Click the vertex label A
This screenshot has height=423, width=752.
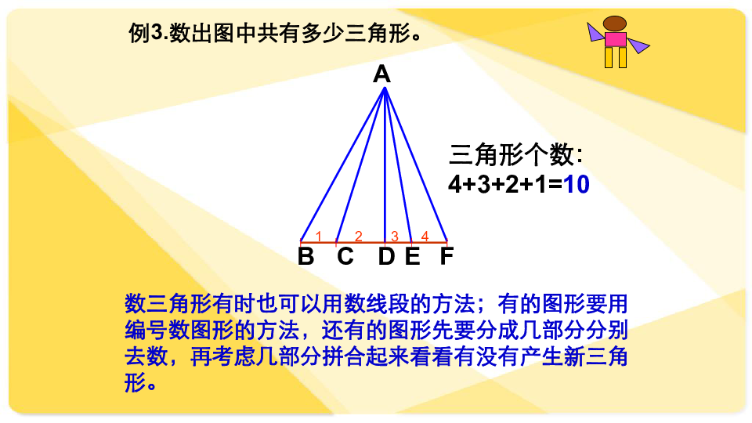click(381, 74)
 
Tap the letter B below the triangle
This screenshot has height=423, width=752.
click(306, 256)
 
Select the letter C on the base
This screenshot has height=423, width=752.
click(345, 256)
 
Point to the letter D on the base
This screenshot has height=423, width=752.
click(386, 256)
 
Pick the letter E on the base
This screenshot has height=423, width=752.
click(413, 256)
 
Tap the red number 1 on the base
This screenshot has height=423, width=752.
click(319, 236)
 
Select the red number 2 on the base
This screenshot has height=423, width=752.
click(358, 236)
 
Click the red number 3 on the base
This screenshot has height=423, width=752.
click(394, 236)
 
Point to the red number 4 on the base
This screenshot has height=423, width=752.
click(425, 236)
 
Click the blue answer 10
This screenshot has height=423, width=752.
click(577, 185)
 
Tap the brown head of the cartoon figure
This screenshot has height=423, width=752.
click(615, 23)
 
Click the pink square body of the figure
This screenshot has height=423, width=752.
click(616, 39)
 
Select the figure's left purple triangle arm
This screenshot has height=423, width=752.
click(595, 32)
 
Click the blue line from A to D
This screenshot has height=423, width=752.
click(385, 164)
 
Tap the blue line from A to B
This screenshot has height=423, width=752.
click(342, 164)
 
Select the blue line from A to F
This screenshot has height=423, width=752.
click(416, 164)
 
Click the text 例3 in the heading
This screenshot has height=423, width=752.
click(146, 34)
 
